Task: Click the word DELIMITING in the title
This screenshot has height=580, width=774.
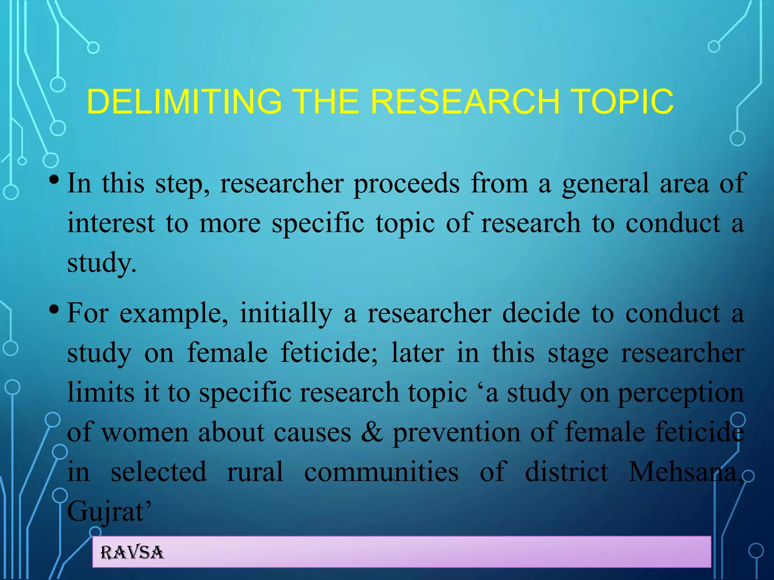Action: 184,102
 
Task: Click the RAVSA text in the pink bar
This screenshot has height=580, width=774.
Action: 132,553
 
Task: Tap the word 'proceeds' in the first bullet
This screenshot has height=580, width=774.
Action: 406,184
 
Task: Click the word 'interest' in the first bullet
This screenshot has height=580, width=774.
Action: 111,223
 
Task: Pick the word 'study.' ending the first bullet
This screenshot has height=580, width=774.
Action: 101,263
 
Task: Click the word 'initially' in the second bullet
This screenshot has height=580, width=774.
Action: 286,314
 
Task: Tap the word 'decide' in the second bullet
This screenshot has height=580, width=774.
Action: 541,314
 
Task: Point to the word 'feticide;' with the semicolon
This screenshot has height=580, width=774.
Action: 329,353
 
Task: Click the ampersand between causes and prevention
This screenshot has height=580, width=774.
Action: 372,432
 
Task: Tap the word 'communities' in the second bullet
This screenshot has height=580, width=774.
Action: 381,472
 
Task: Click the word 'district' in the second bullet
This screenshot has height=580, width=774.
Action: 567,472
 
